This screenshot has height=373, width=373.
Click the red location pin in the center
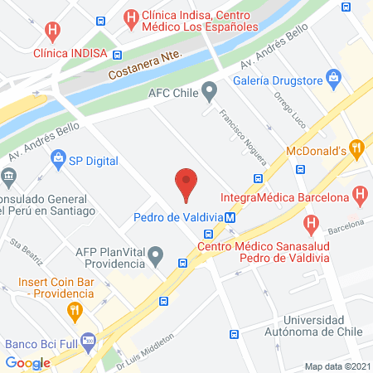click(186, 183)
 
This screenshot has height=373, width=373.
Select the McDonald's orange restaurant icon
click(357, 149)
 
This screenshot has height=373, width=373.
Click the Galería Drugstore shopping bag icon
click(335, 79)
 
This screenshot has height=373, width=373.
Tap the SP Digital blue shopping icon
click(58, 158)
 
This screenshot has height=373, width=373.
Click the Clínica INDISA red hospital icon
click(53, 32)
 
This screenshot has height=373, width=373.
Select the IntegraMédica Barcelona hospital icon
click(360, 197)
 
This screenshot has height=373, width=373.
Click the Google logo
click(27, 362)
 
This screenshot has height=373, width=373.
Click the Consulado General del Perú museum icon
click(9, 176)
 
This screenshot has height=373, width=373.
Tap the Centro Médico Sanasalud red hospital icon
click(311, 223)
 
